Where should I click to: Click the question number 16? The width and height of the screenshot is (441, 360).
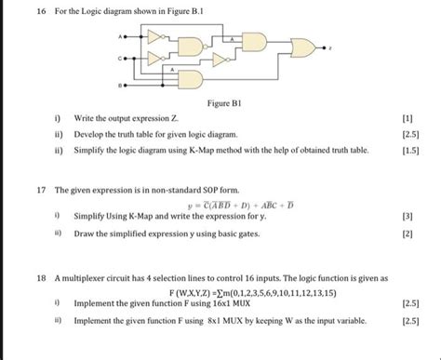[x=14, y=11]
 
